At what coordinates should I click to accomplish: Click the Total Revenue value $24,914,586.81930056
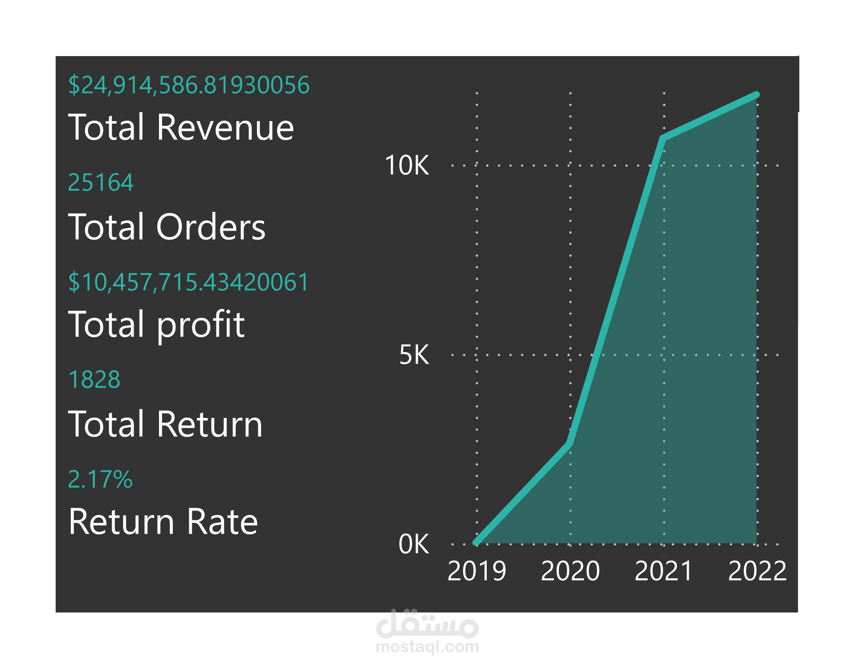[x=189, y=85]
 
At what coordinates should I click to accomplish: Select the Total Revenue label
[x=181, y=127]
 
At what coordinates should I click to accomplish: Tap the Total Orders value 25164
[x=101, y=182]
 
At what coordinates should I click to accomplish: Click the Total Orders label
[x=167, y=227]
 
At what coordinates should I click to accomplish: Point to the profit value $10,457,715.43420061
[x=188, y=282]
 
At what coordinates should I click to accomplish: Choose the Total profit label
[x=156, y=324]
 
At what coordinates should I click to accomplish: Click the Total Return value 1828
[x=94, y=380]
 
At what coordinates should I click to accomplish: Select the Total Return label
[x=165, y=424]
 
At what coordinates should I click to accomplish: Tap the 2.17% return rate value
[x=100, y=479]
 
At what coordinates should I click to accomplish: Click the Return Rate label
[x=163, y=522]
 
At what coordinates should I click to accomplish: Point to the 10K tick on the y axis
[x=407, y=166]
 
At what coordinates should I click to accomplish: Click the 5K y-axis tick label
[x=414, y=355]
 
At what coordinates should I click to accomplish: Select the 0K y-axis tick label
[x=414, y=544]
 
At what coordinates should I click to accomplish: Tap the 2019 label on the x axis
[x=476, y=571]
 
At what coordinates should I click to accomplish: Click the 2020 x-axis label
[x=570, y=571]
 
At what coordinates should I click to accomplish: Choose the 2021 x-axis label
[x=664, y=571]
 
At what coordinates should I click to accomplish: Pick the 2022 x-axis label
[x=757, y=571]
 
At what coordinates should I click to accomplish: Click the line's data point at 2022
[x=757, y=94]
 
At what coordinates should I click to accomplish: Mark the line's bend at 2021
[x=663, y=138]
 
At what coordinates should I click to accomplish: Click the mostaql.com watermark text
[x=427, y=646]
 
